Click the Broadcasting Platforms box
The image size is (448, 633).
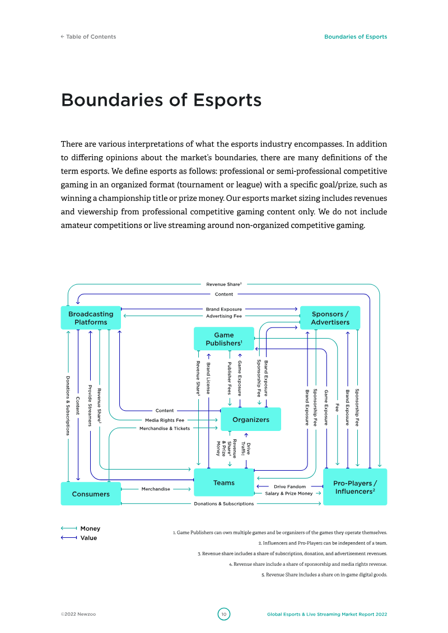tap(91, 318)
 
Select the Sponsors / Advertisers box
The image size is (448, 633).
tap(330, 318)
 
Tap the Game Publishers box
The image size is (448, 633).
tap(224, 339)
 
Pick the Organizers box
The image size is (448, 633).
tap(251, 419)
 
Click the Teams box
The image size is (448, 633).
tap(224, 482)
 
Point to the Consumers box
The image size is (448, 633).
tap(91, 494)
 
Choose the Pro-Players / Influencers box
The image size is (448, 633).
tap(355, 487)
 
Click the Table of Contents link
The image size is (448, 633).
tap(88, 37)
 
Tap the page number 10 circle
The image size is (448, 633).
tap(224, 614)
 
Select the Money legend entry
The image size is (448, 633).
tap(81, 528)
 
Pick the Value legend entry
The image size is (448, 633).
tap(79, 538)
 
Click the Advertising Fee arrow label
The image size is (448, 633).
tap(224, 316)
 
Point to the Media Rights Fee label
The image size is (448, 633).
tap(165, 420)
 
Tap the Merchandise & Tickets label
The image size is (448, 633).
tap(165, 428)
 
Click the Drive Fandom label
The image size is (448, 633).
tap(290, 486)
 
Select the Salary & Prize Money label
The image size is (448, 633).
tap(289, 493)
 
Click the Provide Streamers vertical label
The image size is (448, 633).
tap(90, 406)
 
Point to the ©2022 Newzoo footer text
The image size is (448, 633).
tap(78, 614)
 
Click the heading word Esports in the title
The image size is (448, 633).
tap(227, 100)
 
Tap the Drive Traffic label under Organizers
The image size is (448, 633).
tap(246, 449)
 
